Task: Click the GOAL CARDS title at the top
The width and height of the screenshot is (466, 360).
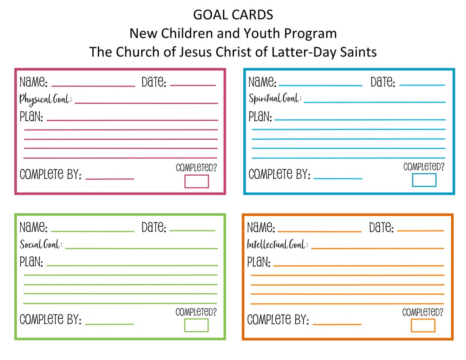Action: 233,15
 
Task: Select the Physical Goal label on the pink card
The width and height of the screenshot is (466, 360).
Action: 45,100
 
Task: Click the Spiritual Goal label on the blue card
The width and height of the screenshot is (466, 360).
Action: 275,99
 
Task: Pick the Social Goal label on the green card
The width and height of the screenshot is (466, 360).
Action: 41,245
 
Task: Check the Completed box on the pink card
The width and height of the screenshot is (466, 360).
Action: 197,181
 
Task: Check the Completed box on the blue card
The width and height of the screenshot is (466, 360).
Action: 424,180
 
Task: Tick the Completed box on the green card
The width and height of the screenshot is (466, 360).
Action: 196,325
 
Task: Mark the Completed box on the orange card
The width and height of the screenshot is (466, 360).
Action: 423,325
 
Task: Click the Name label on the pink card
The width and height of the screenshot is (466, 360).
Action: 34,82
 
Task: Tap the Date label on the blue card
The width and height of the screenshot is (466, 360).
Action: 383,82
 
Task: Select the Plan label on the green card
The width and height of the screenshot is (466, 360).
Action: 31,262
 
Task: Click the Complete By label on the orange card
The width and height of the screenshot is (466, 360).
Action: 278,320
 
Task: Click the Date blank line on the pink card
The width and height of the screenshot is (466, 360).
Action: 192,85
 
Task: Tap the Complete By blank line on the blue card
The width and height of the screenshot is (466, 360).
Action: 338,178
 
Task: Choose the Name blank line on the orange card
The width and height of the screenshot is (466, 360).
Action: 319,232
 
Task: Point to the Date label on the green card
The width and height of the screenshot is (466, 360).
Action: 154,227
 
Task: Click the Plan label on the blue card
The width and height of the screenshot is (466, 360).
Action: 260,117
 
